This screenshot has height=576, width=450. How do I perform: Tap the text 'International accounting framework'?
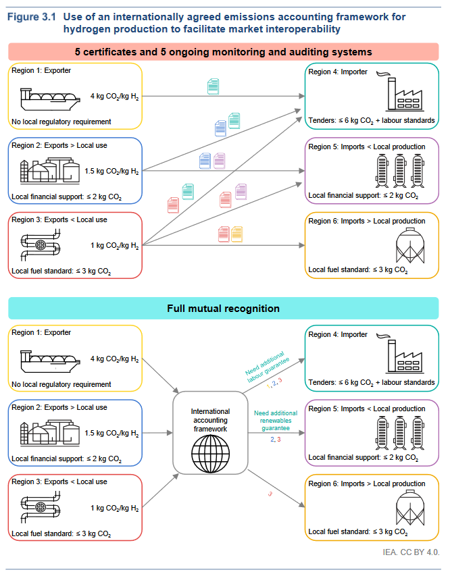pyautogui.click(x=210, y=419)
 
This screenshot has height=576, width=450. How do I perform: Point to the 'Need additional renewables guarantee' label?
pyautogui.click(x=275, y=420)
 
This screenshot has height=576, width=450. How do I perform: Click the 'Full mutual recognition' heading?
pyautogui.click(x=223, y=309)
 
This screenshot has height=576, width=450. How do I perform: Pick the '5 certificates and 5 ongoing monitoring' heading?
pyautogui.click(x=223, y=52)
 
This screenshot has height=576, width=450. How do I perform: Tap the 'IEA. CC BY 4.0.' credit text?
pyautogui.click(x=411, y=552)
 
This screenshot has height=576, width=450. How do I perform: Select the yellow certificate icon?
pyautogui.click(x=236, y=234)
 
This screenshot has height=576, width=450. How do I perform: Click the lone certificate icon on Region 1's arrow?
pyautogui.click(x=213, y=86)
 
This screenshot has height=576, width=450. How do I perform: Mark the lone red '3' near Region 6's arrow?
pyautogui.click(x=270, y=494)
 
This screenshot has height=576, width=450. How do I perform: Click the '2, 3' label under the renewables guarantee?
pyautogui.click(x=275, y=440)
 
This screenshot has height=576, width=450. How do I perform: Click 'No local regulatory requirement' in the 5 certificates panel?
pyautogui.click(x=61, y=122)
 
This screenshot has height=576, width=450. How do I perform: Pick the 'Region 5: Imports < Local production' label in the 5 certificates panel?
pyautogui.click(x=367, y=147)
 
